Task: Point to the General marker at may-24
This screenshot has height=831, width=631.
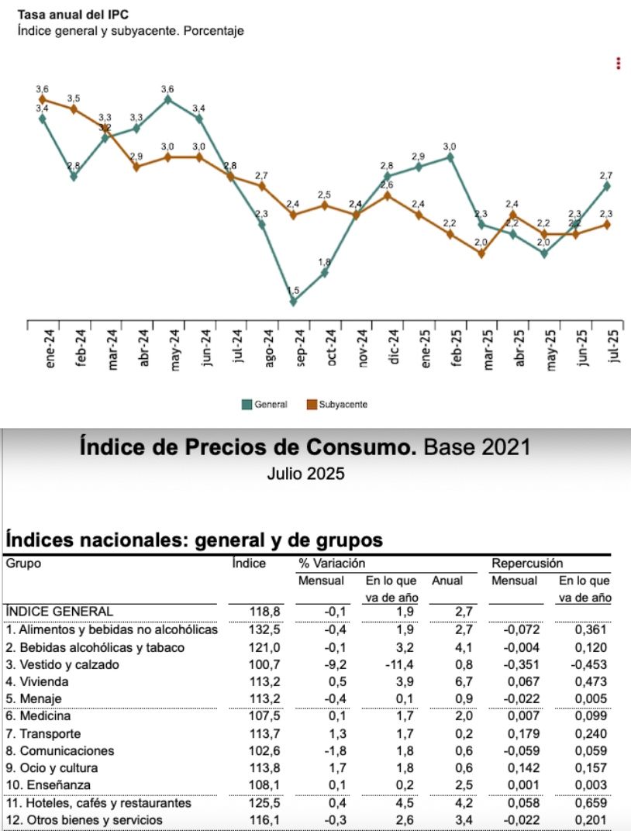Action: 168,99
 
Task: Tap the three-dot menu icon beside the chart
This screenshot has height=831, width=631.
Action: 618,64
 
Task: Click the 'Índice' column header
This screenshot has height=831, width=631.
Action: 249,564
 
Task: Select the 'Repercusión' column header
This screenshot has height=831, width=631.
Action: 527,564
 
